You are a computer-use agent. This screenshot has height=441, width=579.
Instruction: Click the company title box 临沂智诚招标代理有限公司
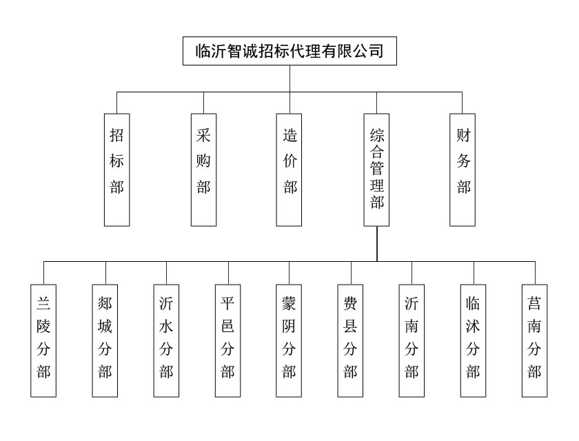pos(289,51)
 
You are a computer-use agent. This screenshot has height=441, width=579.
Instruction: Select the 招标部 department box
pos(117,170)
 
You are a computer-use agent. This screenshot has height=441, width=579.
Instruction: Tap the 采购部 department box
pos(203,170)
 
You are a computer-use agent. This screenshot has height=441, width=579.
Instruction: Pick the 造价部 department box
pos(290,170)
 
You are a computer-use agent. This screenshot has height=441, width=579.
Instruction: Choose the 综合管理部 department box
pos(377,170)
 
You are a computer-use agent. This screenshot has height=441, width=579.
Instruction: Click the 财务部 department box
pos(463,170)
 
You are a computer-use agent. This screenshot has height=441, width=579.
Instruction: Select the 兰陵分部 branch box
pos(44,340)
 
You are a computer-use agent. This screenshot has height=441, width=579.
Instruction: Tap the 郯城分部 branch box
pos(105,340)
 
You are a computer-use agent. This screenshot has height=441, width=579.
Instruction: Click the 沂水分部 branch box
pos(166,340)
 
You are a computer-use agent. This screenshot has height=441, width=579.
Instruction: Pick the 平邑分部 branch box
pos(227,340)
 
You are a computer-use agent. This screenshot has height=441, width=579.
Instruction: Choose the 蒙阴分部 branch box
pos(289,340)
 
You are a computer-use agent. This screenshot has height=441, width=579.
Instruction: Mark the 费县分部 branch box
pos(350,340)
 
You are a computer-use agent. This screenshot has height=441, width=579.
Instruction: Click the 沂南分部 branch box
pos(412,340)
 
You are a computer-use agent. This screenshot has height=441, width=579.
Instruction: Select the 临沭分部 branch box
pos(473,340)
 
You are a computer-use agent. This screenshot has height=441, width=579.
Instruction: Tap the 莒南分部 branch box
pos(534,340)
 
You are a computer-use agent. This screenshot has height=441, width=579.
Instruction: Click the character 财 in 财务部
pos(463,136)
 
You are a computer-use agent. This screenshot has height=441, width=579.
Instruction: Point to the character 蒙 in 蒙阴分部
pos(289,303)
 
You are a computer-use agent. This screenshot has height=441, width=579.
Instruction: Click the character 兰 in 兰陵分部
pos(44,303)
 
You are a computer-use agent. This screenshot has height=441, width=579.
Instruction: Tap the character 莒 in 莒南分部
pos(534,303)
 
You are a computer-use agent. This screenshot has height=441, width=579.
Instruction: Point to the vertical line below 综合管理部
pos(377,244)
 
